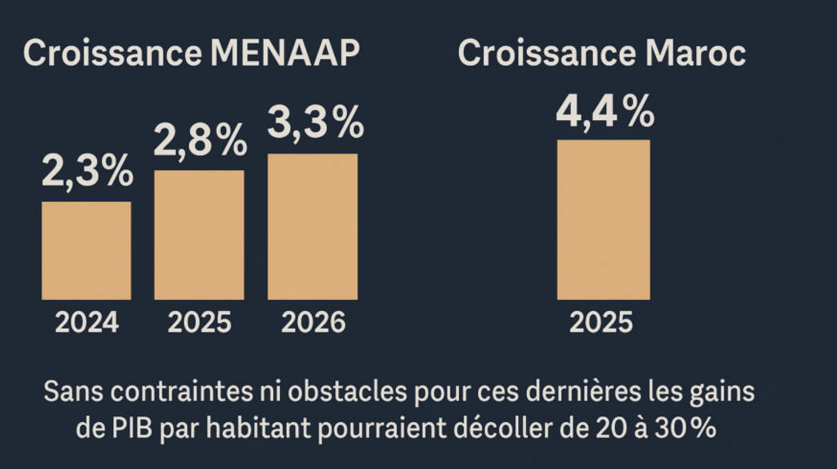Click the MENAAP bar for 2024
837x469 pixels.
pos(86,251)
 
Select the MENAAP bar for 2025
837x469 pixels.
pos(199,235)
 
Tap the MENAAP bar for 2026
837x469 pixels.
pos(313,227)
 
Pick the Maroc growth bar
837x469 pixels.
pos(604,220)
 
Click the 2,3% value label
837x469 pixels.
pos(87,171)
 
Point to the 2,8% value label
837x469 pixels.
pos(200,140)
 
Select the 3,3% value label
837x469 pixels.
pos(316,122)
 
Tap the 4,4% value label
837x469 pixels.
pos(605,112)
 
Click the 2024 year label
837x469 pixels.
pos(87,322)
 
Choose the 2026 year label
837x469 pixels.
pos(313,322)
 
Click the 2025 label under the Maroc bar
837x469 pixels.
pos(601,322)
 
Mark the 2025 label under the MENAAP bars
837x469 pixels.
pos(200,322)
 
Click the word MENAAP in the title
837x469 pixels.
pos(284,53)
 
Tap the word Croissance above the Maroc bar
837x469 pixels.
pos(546,53)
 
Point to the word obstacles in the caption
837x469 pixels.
pos(348,392)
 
